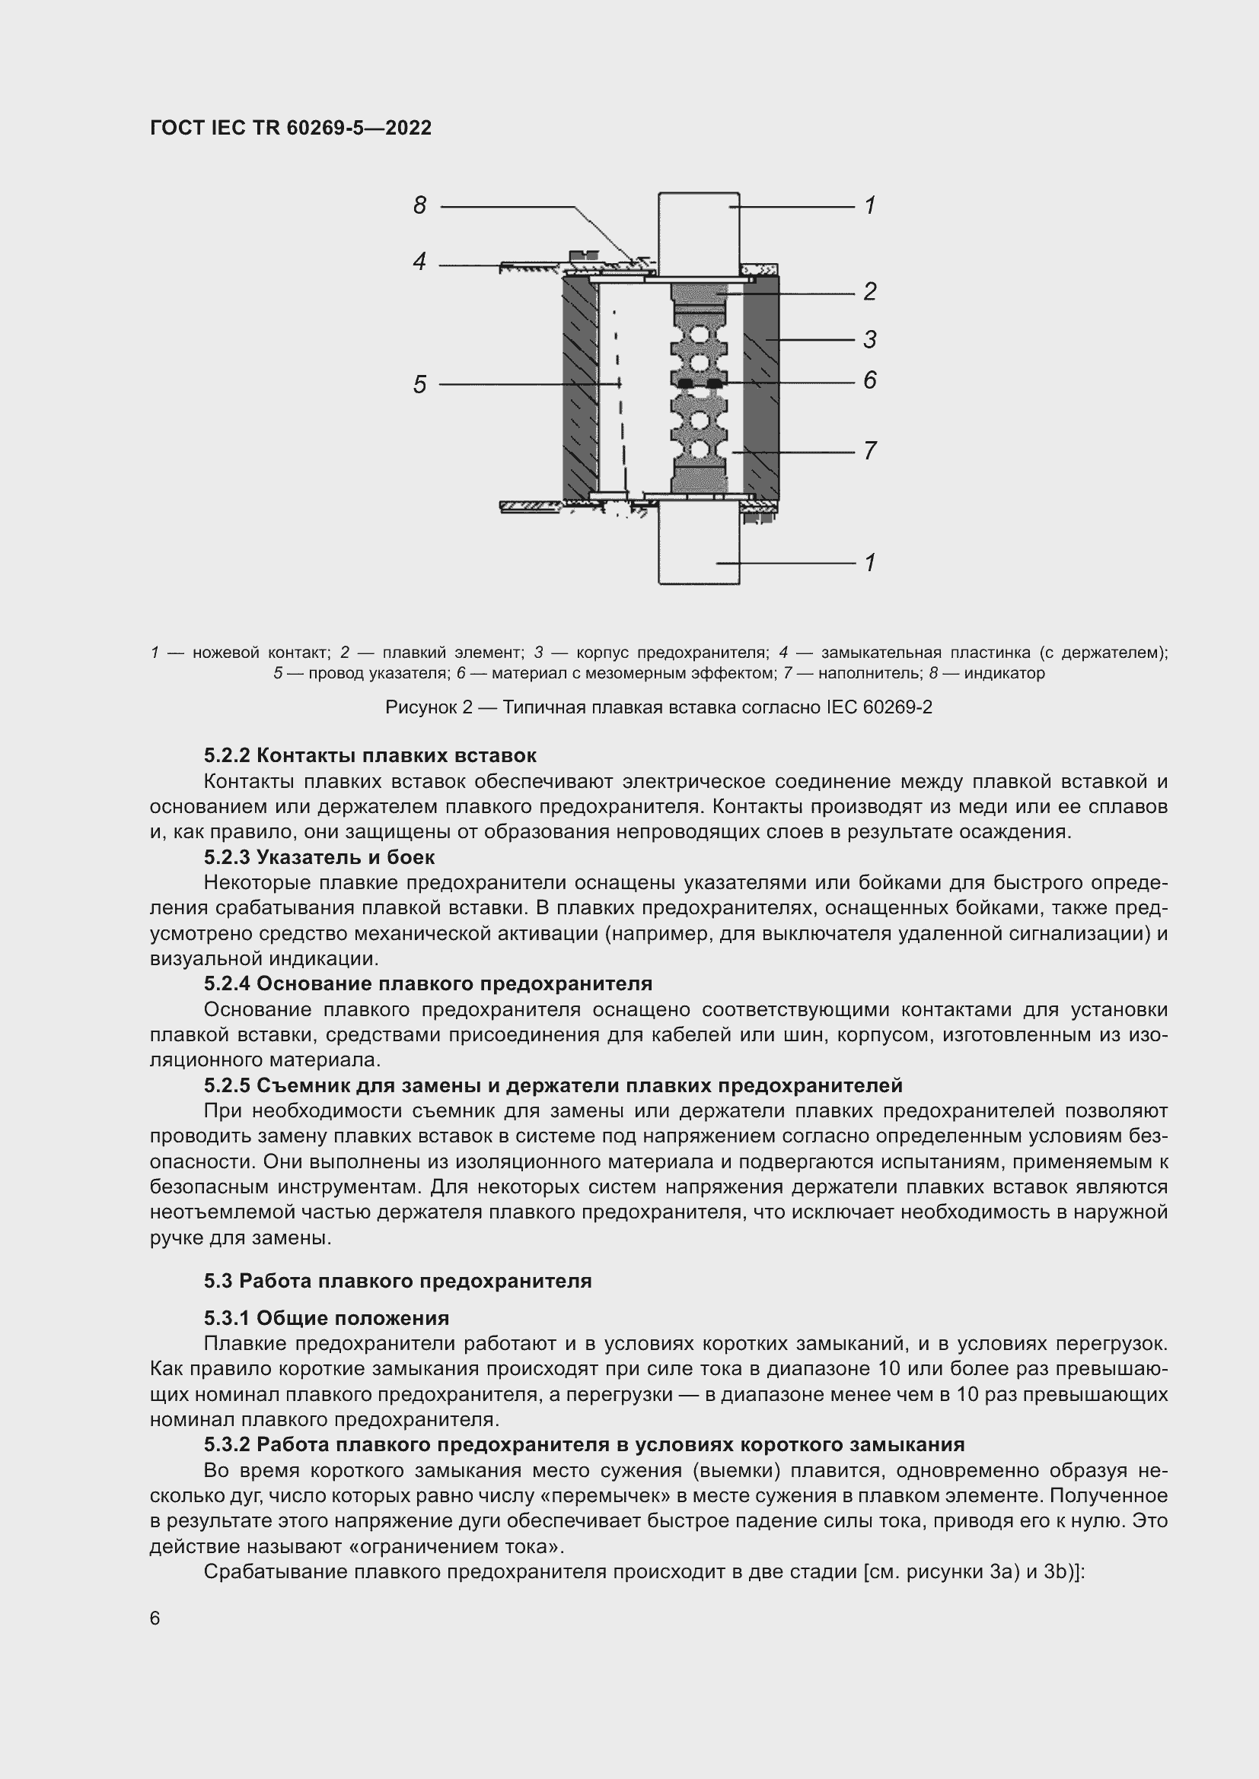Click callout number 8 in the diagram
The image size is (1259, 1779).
419,205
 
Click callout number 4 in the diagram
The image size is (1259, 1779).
419,262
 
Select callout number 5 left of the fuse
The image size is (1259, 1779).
419,384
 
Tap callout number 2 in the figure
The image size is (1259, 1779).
870,291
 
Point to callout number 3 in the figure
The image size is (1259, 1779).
870,339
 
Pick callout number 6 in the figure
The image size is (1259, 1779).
870,380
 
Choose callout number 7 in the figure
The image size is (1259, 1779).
870,450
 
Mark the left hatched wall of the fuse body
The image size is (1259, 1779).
579,387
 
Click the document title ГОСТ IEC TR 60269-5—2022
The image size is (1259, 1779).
291,128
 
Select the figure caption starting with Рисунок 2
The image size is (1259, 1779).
658,707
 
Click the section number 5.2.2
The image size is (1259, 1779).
227,755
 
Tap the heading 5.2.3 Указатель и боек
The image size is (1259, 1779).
320,858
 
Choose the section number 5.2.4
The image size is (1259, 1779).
227,984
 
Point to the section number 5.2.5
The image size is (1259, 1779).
227,1085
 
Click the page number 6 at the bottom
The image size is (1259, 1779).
155,1619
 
